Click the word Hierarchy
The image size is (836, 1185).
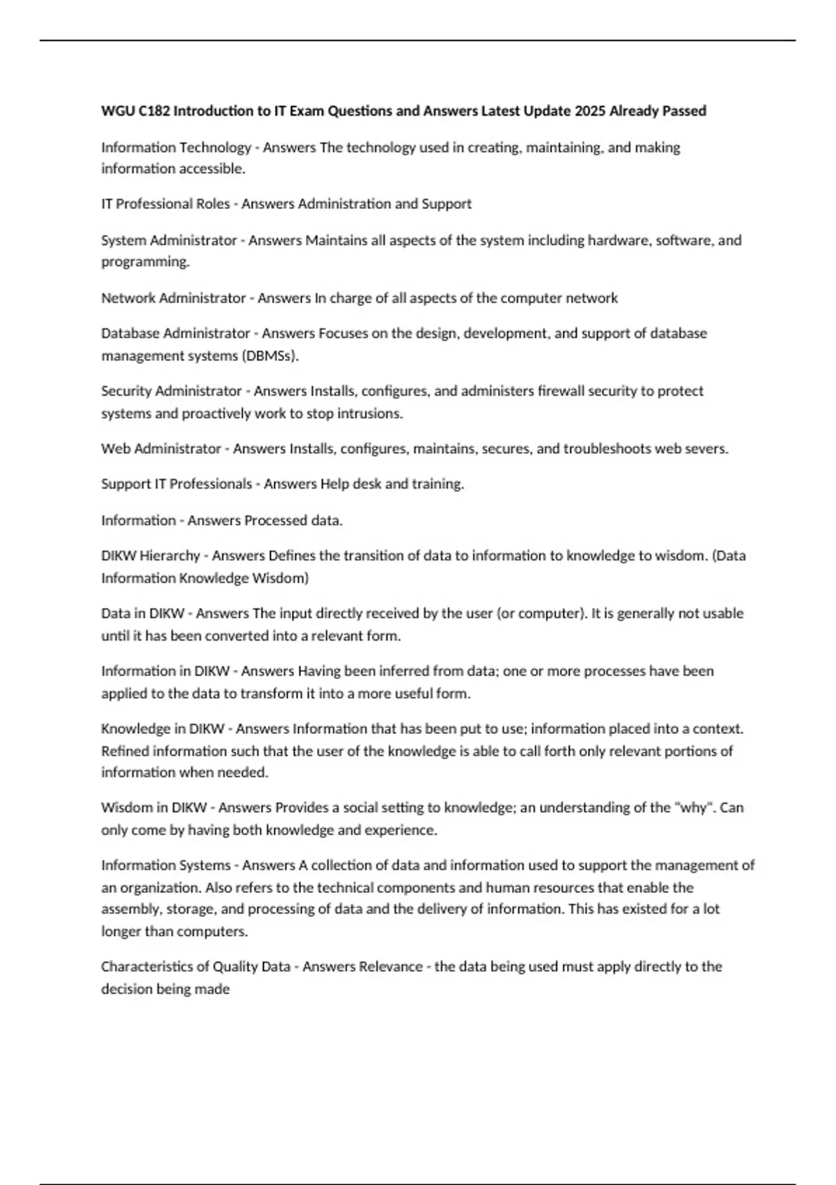coord(169,556)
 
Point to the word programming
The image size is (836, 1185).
coord(145,262)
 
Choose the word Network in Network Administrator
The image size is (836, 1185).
coord(128,298)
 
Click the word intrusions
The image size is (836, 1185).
coord(369,413)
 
